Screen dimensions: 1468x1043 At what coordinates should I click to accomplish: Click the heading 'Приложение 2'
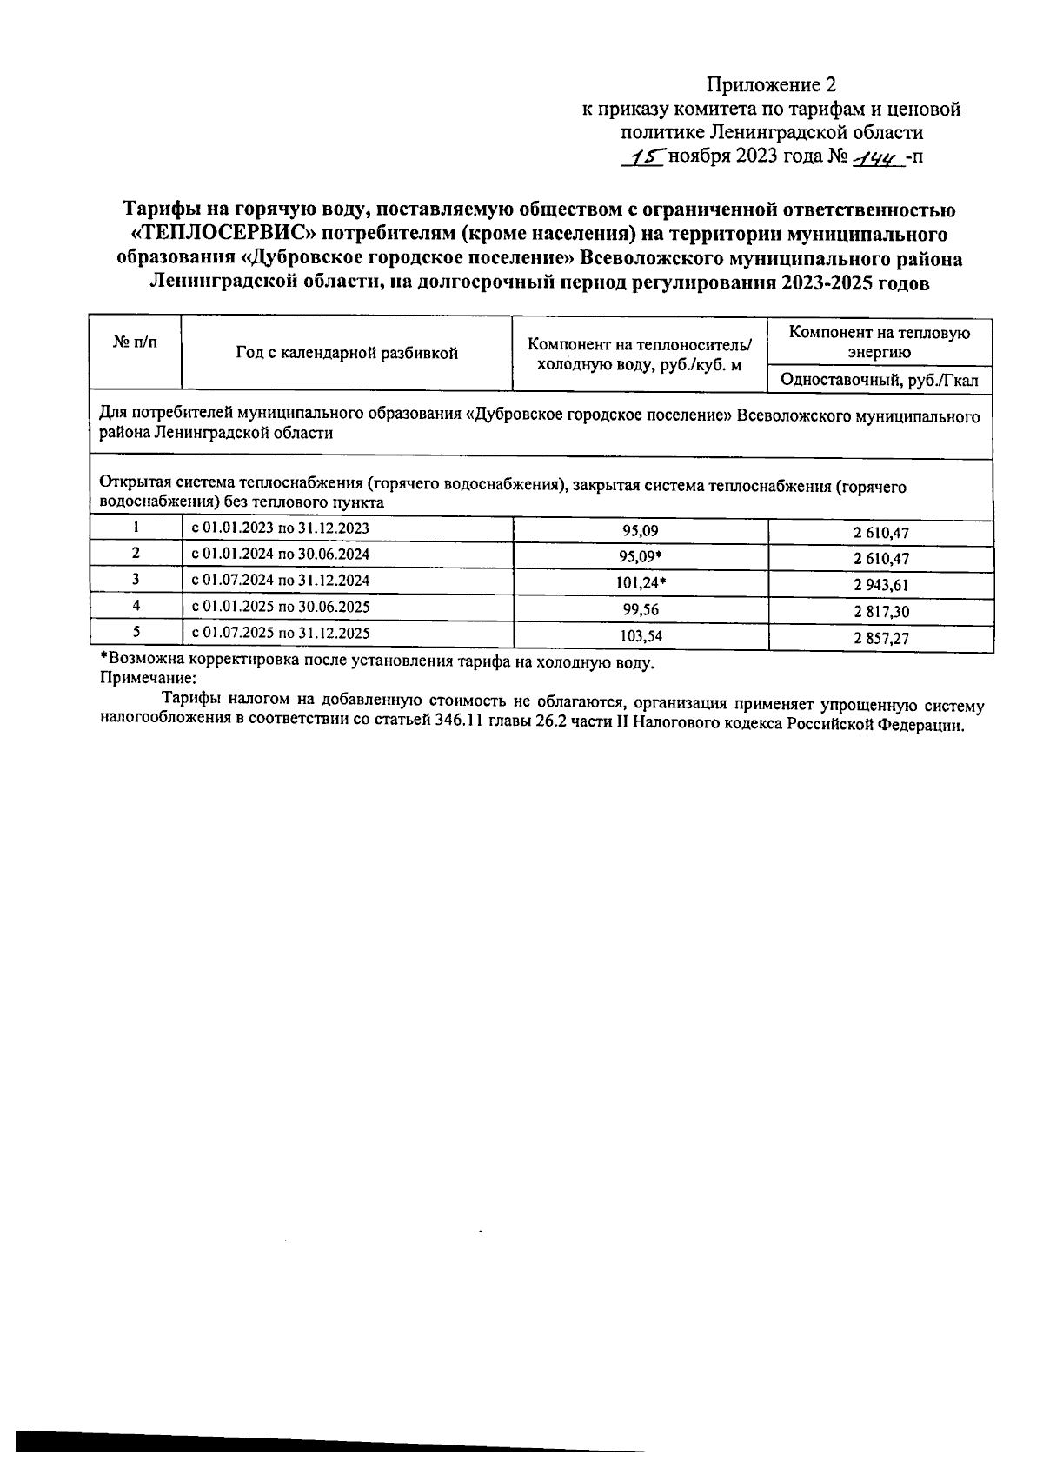[x=770, y=84]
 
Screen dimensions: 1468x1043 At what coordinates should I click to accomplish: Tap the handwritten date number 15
[x=645, y=157]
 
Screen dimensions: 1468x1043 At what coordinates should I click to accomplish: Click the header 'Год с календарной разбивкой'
[x=346, y=353]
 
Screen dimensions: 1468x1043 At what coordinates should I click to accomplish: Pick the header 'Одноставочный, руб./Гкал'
[x=880, y=380]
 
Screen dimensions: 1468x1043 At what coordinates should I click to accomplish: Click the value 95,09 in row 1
[x=641, y=530]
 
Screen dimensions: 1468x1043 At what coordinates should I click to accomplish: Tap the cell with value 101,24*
[x=641, y=583]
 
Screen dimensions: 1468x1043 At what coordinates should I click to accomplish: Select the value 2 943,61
[x=880, y=586]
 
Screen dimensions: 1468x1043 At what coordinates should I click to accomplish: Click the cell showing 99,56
[x=641, y=609]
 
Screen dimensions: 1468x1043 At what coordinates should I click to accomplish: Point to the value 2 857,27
[x=880, y=639]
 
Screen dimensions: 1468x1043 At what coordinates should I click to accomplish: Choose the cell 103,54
[x=641, y=636]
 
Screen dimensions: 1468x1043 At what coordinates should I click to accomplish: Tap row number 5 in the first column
[x=136, y=633]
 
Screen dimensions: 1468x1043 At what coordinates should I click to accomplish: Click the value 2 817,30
[x=880, y=612]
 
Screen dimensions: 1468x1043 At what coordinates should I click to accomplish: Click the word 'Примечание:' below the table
[x=149, y=679]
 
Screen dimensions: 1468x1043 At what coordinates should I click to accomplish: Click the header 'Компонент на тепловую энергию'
[x=880, y=342]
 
